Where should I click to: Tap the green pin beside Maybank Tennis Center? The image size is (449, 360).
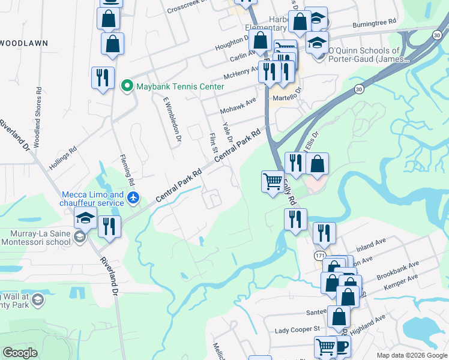click(127, 86)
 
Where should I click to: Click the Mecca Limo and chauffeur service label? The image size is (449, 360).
click(93, 199)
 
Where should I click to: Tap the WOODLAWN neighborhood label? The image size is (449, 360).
click(23, 43)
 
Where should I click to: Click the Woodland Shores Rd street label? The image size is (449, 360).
click(38, 115)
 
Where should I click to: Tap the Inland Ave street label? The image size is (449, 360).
click(371, 245)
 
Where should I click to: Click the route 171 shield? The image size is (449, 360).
click(320, 256)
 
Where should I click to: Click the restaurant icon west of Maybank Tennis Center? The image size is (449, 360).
click(103, 77)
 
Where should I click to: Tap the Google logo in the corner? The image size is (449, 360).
click(20, 353)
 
